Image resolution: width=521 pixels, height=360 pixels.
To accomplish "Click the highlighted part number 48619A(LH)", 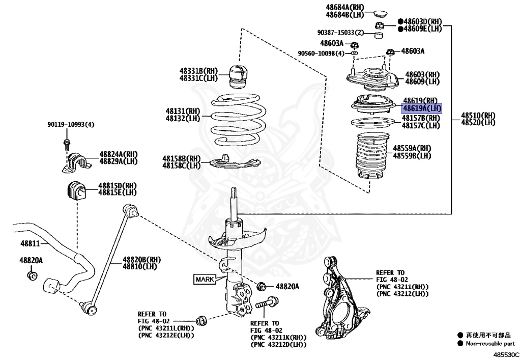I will click(x=422, y=108).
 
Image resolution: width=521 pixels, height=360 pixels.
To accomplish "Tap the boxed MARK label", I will click(x=205, y=279).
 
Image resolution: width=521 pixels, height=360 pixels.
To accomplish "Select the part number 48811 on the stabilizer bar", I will click(x=30, y=244).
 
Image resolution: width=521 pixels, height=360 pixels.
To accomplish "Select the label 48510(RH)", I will click(x=478, y=115).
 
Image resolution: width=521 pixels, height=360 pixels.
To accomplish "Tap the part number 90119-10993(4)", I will click(x=71, y=124).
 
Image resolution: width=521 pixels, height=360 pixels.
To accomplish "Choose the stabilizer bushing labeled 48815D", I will click(x=75, y=190).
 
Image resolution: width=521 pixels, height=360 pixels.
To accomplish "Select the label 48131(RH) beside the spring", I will click(x=183, y=111).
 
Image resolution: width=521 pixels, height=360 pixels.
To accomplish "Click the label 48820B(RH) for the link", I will click(x=141, y=260).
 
